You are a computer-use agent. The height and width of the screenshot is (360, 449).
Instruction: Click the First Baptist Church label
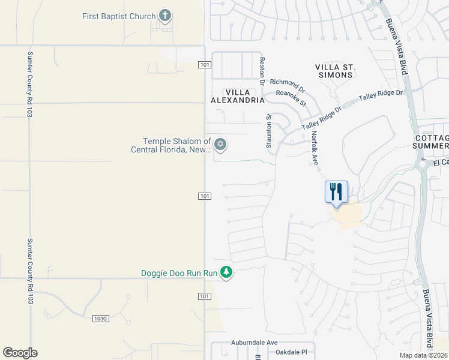click(x=119, y=16)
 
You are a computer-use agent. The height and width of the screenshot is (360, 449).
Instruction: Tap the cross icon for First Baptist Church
click(x=166, y=16)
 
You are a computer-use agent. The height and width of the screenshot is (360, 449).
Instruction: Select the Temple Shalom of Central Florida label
click(x=171, y=145)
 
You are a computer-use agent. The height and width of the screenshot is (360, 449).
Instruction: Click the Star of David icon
click(x=220, y=143)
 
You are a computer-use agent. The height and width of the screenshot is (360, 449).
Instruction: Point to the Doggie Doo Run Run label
click(x=179, y=273)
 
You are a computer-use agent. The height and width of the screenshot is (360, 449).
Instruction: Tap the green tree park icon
click(x=226, y=273)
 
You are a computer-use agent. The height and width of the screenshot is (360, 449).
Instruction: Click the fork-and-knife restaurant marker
click(x=336, y=192)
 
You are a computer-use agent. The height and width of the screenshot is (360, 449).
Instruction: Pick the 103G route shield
click(x=101, y=318)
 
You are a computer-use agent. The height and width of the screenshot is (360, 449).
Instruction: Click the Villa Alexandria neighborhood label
click(x=237, y=96)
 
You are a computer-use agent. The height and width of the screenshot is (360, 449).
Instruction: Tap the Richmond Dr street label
click(x=288, y=85)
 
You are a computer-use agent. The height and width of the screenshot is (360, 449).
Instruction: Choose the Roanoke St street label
click(x=291, y=98)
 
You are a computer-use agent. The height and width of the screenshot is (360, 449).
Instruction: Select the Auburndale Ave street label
click(x=255, y=343)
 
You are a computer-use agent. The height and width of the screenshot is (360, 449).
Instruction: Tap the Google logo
click(x=20, y=353)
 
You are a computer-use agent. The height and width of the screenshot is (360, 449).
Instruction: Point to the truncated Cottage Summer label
click(x=432, y=142)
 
